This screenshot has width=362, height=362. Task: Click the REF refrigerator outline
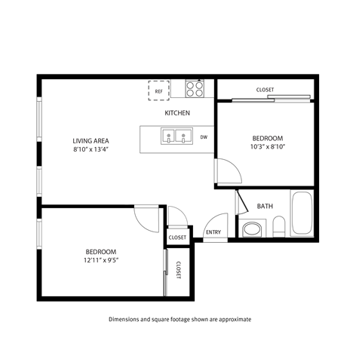pyautogui.click(x=158, y=90)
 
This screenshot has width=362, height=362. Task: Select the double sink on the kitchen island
pyautogui.click(x=176, y=137)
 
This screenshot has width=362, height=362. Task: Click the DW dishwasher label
pyautogui.click(x=204, y=137)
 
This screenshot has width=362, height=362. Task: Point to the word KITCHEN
pyautogui.click(x=177, y=113)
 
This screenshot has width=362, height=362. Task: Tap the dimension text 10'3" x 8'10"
pyautogui.click(x=268, y=148)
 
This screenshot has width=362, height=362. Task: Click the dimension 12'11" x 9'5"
pyautogui.click(x=100, y=260)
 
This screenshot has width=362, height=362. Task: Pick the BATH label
pyautogui.click(x=265, y=206)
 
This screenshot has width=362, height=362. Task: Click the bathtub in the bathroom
pyautogui.click(x=302, y=213)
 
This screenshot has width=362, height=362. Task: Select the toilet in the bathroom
pyautogui.click(x=279, y=226)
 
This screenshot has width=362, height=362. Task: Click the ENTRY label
pyautogui.click(x=213, y=232)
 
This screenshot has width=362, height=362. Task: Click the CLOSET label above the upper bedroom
pyautogui.click(x=265, y=90)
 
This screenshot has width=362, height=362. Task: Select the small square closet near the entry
pyautogui.click(x=177, y=237)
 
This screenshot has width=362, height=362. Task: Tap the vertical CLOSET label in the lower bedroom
pyautogui.click(x=179, y=270)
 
